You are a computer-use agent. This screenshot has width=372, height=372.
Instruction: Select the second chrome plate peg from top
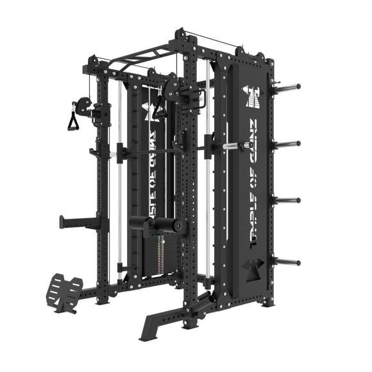291,142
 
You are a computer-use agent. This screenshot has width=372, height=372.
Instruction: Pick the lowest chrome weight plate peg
291,260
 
